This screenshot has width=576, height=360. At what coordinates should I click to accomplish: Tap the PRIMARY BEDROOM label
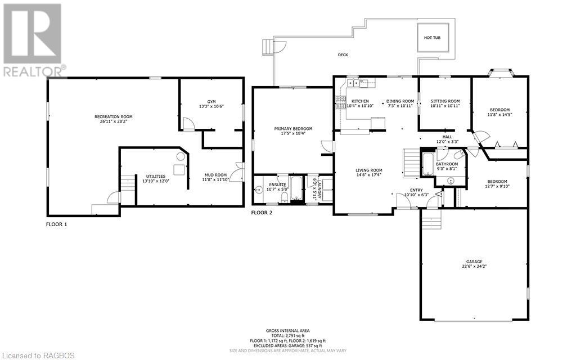(x=293, y=129)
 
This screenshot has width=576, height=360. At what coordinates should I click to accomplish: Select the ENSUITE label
(x=277, y=184)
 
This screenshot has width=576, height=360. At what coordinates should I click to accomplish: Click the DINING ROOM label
(x=400, y=101)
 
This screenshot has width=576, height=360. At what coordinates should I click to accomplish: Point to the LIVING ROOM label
(x=368, y=170)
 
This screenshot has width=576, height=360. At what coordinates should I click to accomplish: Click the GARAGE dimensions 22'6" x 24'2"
(x=474, y=267)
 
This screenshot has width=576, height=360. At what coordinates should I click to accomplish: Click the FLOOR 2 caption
(x=262, y=213)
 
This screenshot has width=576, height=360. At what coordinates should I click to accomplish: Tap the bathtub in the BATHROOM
(x=427, y=163)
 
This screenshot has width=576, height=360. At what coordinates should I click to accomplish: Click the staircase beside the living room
(x=412, y=163)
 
